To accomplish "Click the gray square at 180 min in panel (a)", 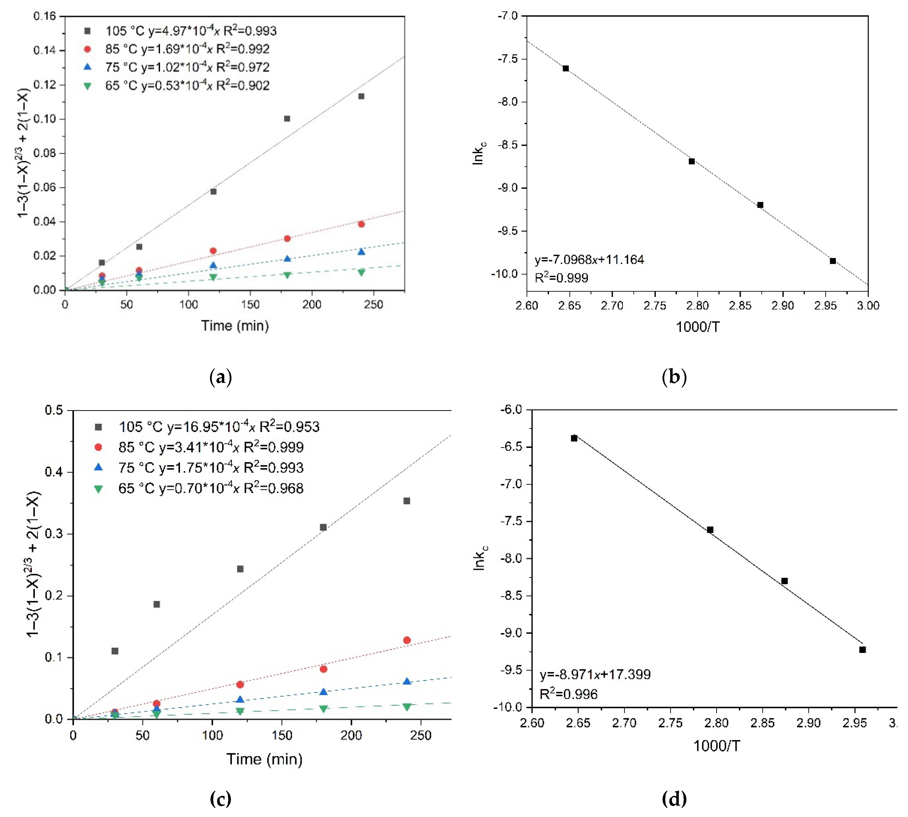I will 287,119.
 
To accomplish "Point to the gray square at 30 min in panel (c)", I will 115,651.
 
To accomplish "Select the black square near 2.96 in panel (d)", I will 862,649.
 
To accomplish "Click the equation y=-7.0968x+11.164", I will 589,259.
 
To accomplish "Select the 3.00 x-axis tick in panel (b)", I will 868,306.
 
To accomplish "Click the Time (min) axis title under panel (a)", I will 235,325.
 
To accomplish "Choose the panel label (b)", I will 674,377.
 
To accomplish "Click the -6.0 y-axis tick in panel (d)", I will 511,409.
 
